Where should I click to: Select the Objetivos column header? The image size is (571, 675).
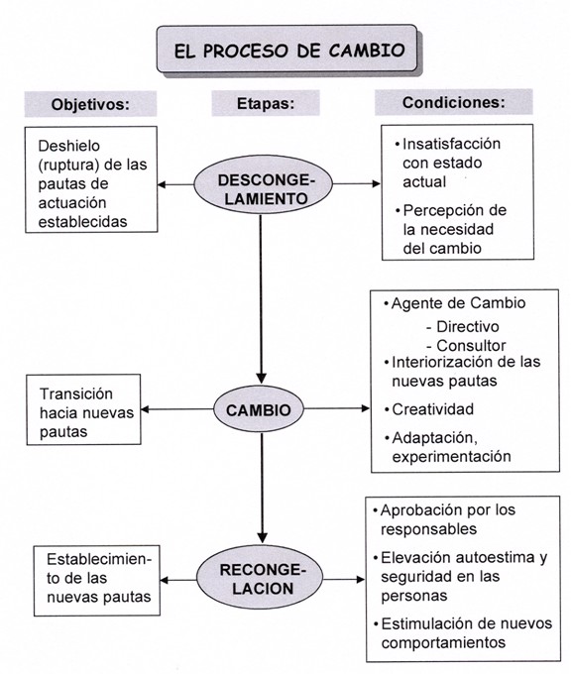click(x=91, y=104)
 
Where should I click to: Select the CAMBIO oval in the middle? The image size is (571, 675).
click(x=260, y=407)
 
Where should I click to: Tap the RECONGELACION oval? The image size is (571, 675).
click(x=261, y=578)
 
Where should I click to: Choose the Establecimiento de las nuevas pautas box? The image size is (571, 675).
click(x=95, y=578)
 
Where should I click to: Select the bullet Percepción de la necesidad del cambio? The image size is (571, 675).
click(x=452, y=229)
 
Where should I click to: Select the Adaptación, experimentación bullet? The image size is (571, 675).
click(x=451, y=446)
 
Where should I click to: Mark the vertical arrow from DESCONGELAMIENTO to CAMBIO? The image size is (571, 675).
click(x=261, y=297)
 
